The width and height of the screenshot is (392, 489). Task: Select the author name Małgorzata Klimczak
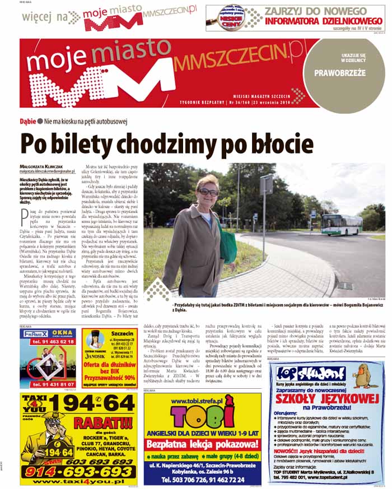tap(43, 166)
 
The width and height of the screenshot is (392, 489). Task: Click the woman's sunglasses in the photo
tap(208, 192)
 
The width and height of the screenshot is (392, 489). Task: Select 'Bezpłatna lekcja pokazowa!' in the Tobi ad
tap(202, 444)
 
